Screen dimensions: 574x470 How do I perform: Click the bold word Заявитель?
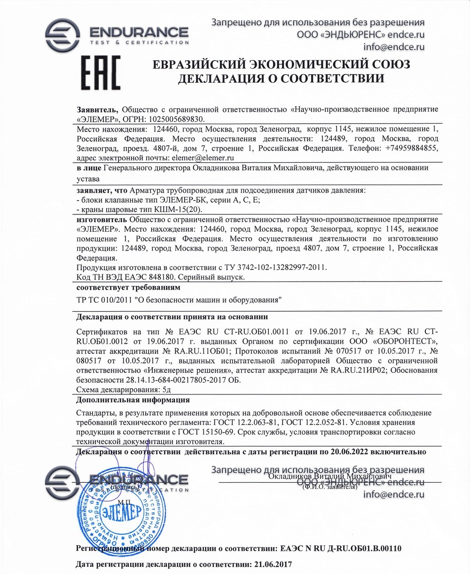coord(94,109)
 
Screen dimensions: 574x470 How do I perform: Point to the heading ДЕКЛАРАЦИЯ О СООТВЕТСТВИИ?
coord(281,79)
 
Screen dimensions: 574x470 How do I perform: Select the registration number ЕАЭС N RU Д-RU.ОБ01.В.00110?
coord(341,549)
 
